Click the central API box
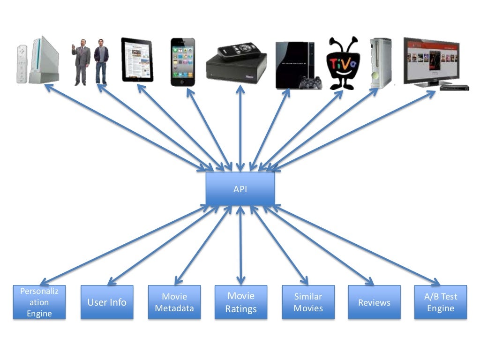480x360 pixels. [x=240, y=189]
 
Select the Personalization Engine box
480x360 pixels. [x=39, y=302]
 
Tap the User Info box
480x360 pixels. [x=107, y=302]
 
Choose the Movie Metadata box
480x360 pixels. [x=174, y=302]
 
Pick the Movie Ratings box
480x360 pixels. [x=241, y=302]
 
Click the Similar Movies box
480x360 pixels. [x=308, y=302]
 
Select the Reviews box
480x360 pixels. [x=374, y=302]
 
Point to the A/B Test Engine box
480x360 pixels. [x=440, y=302]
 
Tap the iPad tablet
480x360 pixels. [x=137, y=60]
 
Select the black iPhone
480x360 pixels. [x=182, y=62]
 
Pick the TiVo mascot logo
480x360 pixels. [x=344, y=64]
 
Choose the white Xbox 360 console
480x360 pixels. [x=381, y=63]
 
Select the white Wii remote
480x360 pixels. [x=22, y=64]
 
